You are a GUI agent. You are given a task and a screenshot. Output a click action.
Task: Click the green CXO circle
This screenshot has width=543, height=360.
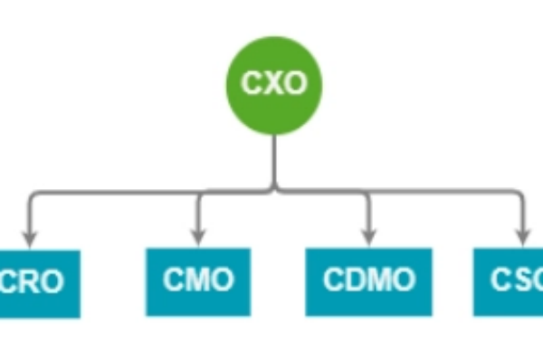pyautogui.click(x=274, y=82)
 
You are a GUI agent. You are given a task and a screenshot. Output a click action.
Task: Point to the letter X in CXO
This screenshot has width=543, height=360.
pyautogui.click(x=274, y=83)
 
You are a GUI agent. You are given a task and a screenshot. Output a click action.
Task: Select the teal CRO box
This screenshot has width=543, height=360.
pyautogui.click(x=36, y=283)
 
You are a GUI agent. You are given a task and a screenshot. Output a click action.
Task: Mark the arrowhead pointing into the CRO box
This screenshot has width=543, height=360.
pyautogui.click(x=30, y=240)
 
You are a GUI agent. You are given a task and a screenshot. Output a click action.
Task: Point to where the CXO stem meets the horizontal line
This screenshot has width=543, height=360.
pyautogui.click(x=274, y=190)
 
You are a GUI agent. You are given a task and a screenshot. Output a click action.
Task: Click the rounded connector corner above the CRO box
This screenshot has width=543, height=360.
pyautogui.click(x=33, y=194)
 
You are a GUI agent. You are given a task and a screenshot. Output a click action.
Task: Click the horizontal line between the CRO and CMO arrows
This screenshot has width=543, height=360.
pyautogui.click(x=113, y=191)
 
